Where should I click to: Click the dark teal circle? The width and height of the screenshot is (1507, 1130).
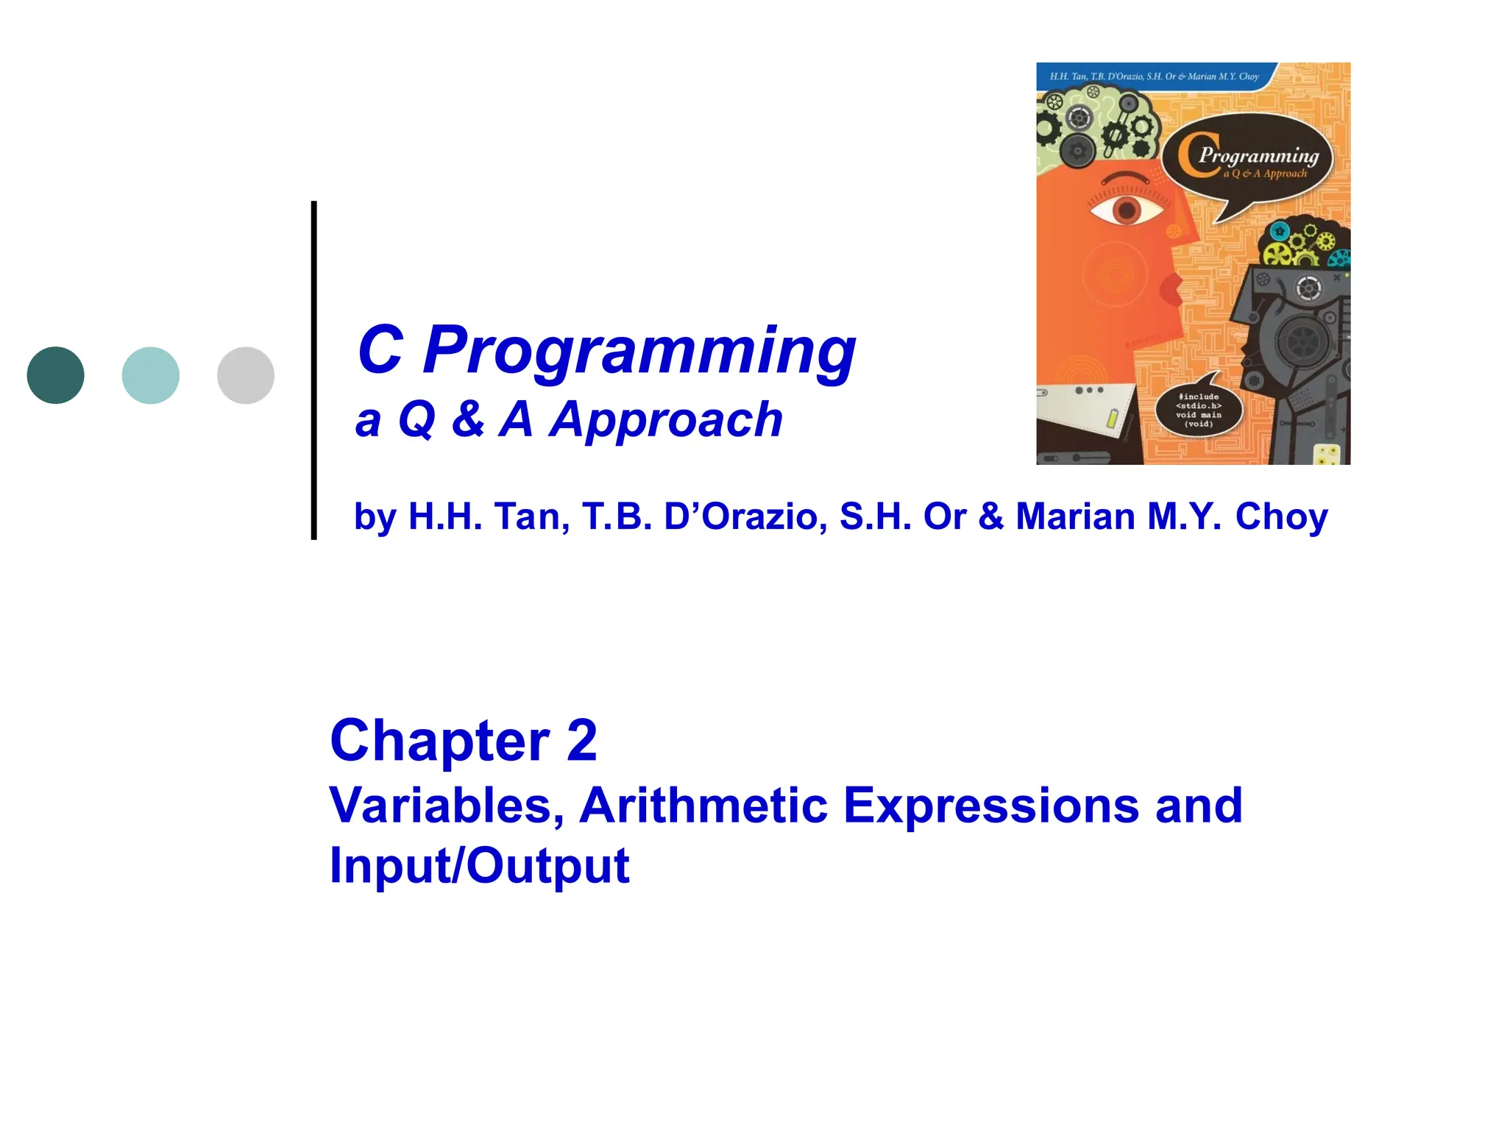(55, 375)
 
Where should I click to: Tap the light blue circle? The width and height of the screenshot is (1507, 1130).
(150, 375)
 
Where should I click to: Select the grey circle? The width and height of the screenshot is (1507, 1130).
(246, 375)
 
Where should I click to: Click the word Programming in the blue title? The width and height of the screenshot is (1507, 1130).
(639, 351)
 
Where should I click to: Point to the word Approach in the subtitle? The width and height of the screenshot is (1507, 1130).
(667, 420)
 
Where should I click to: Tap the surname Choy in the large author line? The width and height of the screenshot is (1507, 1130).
(1281, 516)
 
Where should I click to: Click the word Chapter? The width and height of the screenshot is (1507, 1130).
(439, 741)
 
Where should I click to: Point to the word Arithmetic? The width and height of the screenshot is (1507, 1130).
(703, 806)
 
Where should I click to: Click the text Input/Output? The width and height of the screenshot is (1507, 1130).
(479, 866)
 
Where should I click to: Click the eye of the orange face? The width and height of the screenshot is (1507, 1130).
(1127, 210)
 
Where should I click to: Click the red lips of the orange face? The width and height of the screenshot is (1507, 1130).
(1170, 289)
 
